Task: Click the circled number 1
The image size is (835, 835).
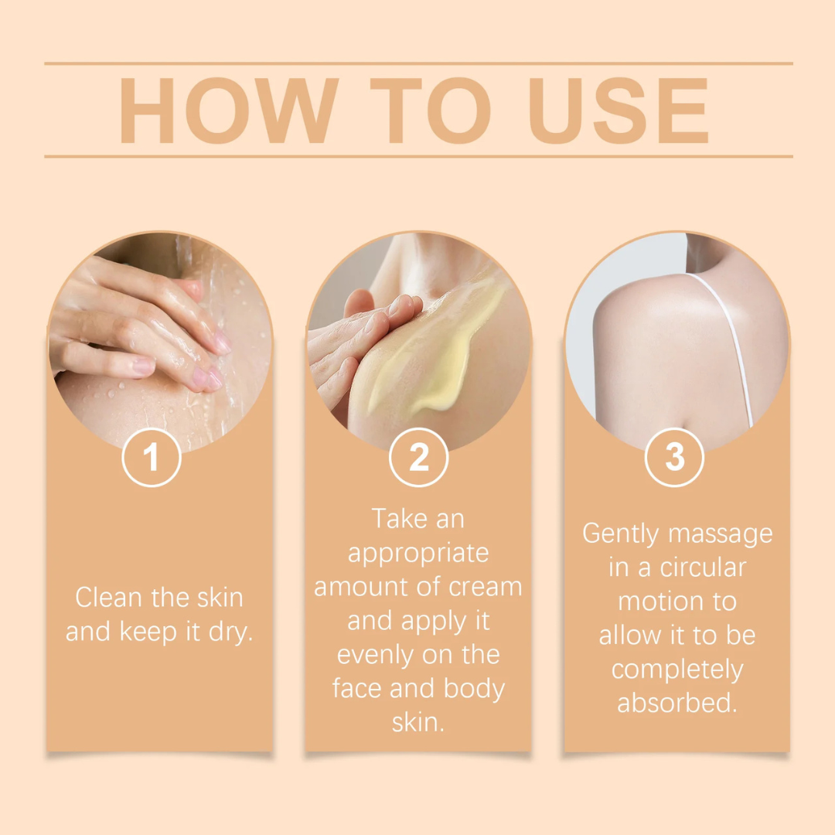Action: pyautogui.click(x=152, y=458)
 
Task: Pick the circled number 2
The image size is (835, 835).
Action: pyautogui.click(x=418, y=458)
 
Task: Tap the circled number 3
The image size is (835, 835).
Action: pyautogui.click(x=675, y=458)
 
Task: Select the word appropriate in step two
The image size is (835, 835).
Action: pyautogui.click(x=418, y=553)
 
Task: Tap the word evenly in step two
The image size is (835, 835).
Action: pyautogui.click(x=375, y=655)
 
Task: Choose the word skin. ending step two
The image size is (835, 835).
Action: pyautogui.click(x=418, y=723)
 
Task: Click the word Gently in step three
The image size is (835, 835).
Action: pyautogui.click(x=621, y=533)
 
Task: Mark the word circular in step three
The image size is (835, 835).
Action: pyautogui.click(x=703, y=567)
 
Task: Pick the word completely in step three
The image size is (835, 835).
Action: pyautogui.click(x=677, y=670)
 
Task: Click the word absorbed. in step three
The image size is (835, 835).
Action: pyautogui.click(x=677, y=704)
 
